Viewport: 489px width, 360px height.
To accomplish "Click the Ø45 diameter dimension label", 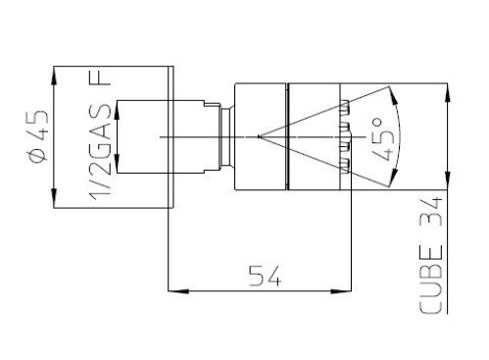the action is click(x=38, y=135).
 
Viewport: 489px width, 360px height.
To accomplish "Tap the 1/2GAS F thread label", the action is click(x=100, y=136).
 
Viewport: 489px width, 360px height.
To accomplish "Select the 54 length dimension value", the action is click(x=265, y=276).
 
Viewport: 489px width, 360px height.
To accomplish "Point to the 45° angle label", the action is click(x=383, y=139).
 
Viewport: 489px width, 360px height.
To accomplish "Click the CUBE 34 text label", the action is click(x=430, y=255).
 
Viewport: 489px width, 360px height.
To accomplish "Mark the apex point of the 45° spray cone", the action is click(x=259, y=136).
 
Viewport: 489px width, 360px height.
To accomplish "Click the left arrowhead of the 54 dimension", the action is click(x=178, y=290).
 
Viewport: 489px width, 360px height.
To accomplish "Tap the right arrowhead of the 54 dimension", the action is click(x=341, y=290).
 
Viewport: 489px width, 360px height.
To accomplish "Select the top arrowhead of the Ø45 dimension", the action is click(x=54, y=77).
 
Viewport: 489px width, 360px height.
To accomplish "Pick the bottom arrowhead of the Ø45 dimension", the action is click(x=54, y=197).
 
